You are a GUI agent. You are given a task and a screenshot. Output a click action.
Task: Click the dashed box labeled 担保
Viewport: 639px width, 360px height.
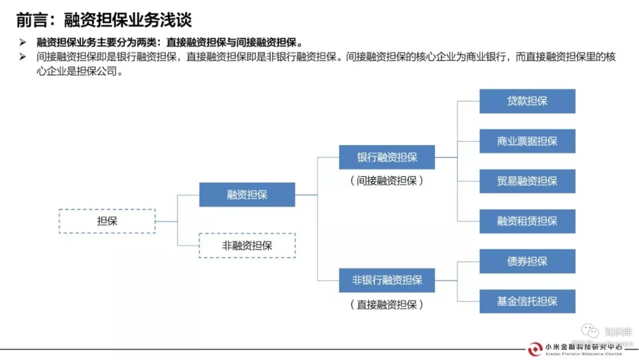pos(107,221)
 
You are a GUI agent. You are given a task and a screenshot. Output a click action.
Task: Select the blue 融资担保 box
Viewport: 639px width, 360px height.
pos(247,195)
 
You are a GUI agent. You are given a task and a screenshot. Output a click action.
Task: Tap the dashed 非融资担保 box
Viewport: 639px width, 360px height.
pos(247,246)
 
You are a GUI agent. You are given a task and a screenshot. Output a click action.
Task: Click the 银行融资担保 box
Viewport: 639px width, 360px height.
pos(387,157)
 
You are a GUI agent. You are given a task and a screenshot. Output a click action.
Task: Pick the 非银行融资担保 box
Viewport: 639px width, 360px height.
pos(387,280)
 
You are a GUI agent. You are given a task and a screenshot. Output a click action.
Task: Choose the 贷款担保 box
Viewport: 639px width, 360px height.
pos(527,101)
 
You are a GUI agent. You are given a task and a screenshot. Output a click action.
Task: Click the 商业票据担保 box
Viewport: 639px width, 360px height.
pos(527,142)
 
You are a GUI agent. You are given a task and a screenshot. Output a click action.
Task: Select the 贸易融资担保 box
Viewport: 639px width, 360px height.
pos(527,181)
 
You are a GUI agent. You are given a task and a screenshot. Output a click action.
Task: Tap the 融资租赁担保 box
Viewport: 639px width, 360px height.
pos(527,221)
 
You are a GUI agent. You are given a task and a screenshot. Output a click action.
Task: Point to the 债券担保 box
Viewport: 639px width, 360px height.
pos(527,261)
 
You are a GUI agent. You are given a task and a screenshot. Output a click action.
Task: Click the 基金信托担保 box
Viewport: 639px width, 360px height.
pos(527,301)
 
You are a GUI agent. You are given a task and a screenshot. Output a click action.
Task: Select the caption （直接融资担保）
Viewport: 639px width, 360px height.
pos(387,304)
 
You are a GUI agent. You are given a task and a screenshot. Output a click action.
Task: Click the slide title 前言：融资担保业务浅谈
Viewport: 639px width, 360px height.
pos(104,20)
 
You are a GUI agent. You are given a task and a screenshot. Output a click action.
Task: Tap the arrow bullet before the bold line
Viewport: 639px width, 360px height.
pos(22,43)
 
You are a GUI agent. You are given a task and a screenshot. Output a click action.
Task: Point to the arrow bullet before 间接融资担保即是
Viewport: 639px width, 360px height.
pos(22,57)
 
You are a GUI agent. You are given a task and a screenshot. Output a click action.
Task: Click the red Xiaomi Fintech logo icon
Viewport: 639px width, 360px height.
pos(535,349)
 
